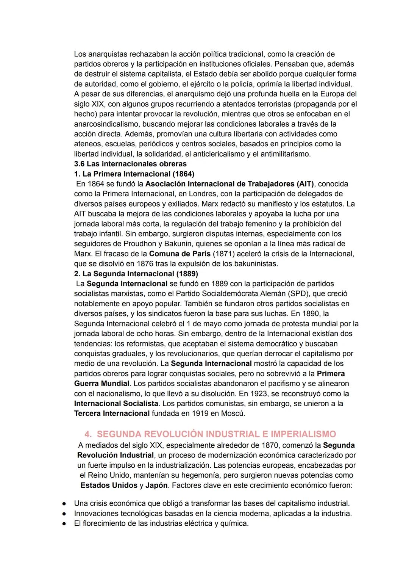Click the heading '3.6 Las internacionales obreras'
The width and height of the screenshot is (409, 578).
130,164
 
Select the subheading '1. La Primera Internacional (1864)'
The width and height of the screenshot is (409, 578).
134,174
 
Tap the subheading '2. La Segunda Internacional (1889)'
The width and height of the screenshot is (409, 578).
136,273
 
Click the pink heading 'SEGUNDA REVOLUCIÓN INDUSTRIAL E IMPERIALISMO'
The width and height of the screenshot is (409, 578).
216,434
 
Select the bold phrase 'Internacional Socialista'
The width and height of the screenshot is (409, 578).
116,403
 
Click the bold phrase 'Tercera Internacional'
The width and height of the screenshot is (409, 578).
112,413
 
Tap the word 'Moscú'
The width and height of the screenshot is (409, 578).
233,413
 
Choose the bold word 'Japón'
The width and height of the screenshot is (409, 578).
156,485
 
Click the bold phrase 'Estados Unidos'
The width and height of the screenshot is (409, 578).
109,485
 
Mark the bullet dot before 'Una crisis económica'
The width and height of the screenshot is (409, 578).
64,504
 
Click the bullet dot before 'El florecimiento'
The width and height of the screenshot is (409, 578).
64,524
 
